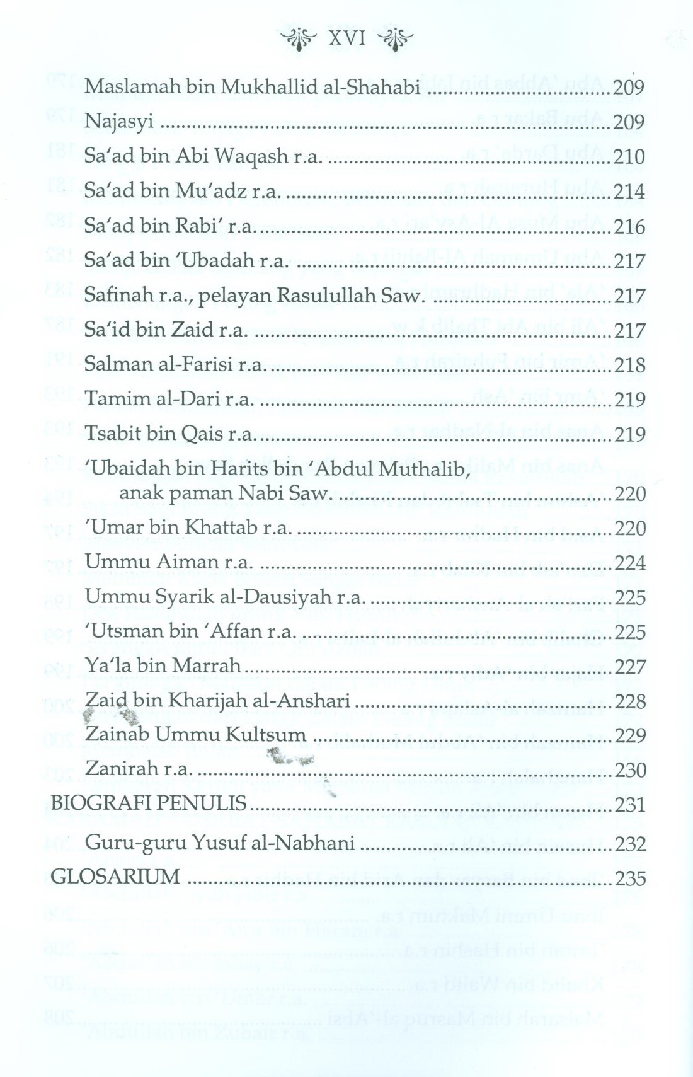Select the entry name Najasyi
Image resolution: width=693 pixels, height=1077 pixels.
[x=119, y=122]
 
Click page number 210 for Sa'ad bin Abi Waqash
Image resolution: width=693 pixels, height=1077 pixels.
[x=629, y=156]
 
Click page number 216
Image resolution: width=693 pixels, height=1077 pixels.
[x=629, y=226]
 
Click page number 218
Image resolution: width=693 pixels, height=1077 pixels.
[x=629, y=365]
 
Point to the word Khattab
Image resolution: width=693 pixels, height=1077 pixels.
[x=221, y=527]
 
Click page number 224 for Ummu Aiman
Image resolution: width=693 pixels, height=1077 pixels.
[x=629, y=562]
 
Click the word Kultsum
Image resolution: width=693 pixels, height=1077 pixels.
[x=268, y=735]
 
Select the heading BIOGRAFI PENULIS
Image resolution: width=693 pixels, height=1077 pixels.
[x=148, y=804]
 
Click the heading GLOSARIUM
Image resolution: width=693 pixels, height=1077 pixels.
[x=115, y=877]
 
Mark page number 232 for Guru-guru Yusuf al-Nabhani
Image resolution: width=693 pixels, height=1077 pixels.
[x=629, y=843]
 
